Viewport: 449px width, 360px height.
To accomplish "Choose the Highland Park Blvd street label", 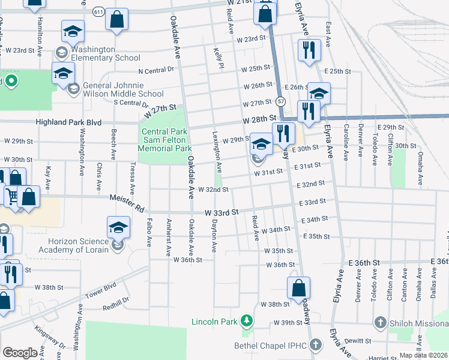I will pos(68,122).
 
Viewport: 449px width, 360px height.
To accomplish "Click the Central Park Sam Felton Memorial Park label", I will pos(165,140).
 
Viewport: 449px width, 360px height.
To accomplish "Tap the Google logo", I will pos(20,353).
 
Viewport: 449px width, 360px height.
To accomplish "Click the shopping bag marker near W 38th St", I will pos(298,288).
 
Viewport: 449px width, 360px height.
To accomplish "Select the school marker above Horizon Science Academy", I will pos(118,227).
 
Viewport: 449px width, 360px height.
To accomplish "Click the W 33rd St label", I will pos(221,212).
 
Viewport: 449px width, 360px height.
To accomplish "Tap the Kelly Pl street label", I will pos(218,59).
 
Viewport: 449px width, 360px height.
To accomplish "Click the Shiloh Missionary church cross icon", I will pos(379,323).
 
